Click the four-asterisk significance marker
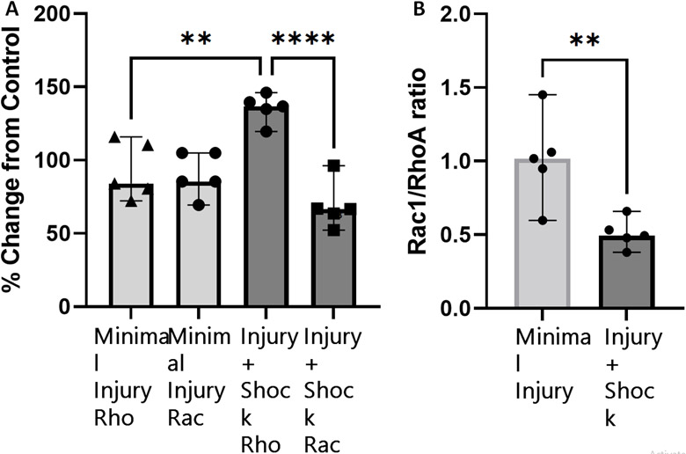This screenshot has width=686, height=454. (302, 39)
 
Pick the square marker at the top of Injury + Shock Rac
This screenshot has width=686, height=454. (332, 165)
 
